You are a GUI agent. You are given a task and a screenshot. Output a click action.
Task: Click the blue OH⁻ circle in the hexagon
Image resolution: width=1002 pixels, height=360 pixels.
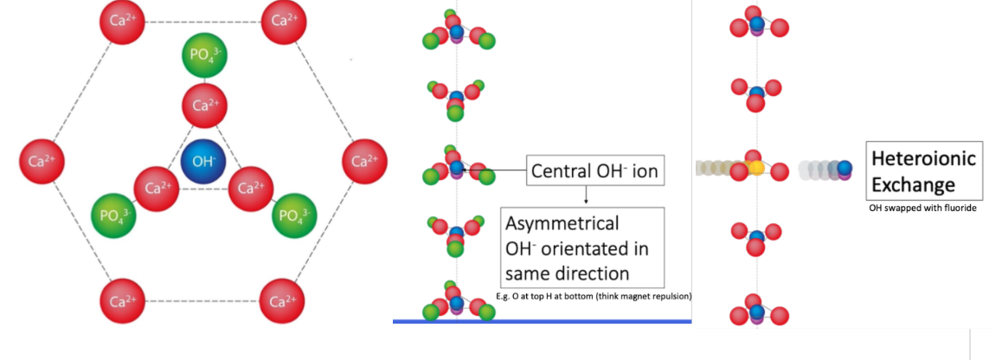pyautogui.click(x=205, y=162)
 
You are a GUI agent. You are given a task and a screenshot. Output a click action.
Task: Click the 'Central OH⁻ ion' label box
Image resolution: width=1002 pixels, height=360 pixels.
pyautogui.click(x=594, y=172)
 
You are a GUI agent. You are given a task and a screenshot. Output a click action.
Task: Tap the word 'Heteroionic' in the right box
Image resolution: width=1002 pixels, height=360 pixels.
pyautogui.click(x=923, y=158)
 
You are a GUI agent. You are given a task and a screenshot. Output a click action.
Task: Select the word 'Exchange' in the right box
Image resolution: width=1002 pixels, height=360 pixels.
pyautogui.click(x=913, y=183)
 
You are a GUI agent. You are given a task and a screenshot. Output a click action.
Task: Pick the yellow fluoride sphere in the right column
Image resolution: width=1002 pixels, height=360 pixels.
pyautogui.click(x=756, y=166)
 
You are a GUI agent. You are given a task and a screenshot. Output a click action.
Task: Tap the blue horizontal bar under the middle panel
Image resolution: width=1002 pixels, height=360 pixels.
pyautogui.click(x=542, y=321)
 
